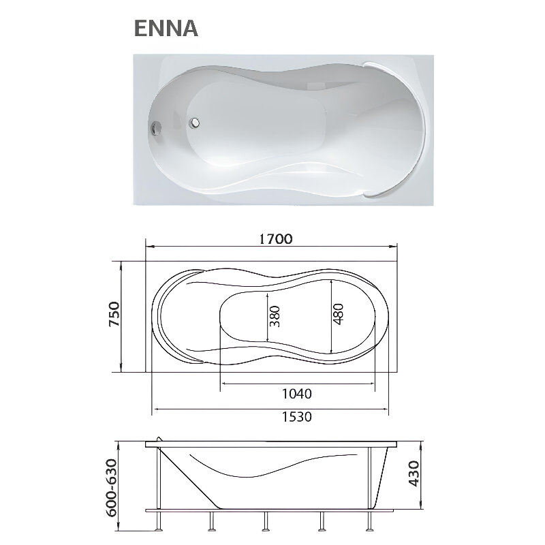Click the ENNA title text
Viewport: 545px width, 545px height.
(x=166, y=28)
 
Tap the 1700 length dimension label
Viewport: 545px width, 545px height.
(x=276, y=239)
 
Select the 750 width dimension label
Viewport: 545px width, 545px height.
(x=114, y=314)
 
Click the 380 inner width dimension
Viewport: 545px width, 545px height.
(x=275, y=316)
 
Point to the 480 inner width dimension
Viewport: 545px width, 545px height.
(x=338, y=314)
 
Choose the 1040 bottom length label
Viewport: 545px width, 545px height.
(x=296, y=394)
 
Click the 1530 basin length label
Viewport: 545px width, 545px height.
(x=296, y=416)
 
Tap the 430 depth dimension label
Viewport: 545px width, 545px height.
(x=414, y=473)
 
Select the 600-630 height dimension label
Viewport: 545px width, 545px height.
(x=112, y=488)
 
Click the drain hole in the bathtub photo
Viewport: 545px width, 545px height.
(x=194, y=122)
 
